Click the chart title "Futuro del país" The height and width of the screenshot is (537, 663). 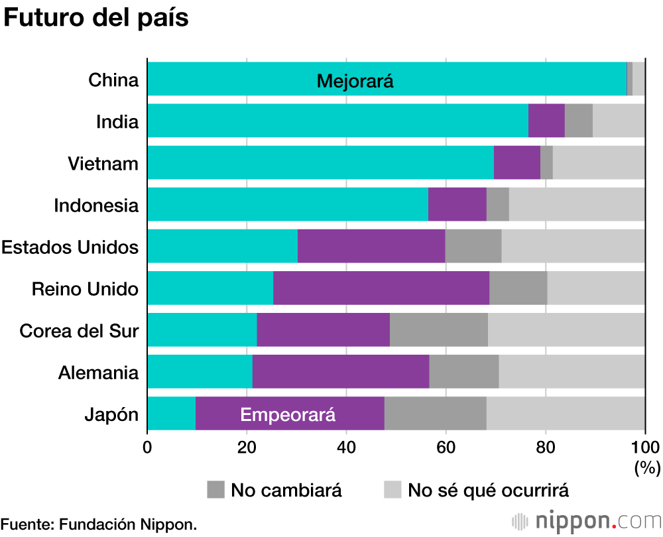click(x=96, y=18)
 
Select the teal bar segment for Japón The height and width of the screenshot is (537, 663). click(x=172, y=414)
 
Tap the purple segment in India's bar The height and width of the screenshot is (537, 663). click(x=546, y=121)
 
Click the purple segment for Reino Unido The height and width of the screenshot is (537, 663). click(x=381, y=288)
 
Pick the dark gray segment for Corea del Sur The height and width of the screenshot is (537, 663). click(x=439, y=330)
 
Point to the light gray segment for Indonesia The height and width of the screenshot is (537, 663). click(x=577, y=204)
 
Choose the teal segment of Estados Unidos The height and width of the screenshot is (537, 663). click(x=223, y=247)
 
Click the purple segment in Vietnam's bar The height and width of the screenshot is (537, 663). click(x=517, y=162)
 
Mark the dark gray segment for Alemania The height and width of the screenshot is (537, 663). click(x=464, y=372)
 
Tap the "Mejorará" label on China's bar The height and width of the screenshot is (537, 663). click(x=355, y=82)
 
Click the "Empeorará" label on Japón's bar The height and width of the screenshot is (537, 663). click(x=288, y=415)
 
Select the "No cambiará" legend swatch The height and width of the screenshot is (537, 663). click(x=216, y=490)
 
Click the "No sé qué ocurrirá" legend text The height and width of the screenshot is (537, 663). click(x=488, y=491)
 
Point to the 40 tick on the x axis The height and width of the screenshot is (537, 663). click(x=346, y=446)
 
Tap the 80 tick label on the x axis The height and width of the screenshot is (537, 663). click(x=545, y=446)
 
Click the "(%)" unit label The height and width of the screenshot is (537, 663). click(x=647, y=468)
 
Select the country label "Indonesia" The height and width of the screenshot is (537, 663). click(x=97, y=205)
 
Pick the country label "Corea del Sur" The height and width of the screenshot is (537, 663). click(x=79, y=330)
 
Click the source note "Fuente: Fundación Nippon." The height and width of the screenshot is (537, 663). click(x=99, y=524)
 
